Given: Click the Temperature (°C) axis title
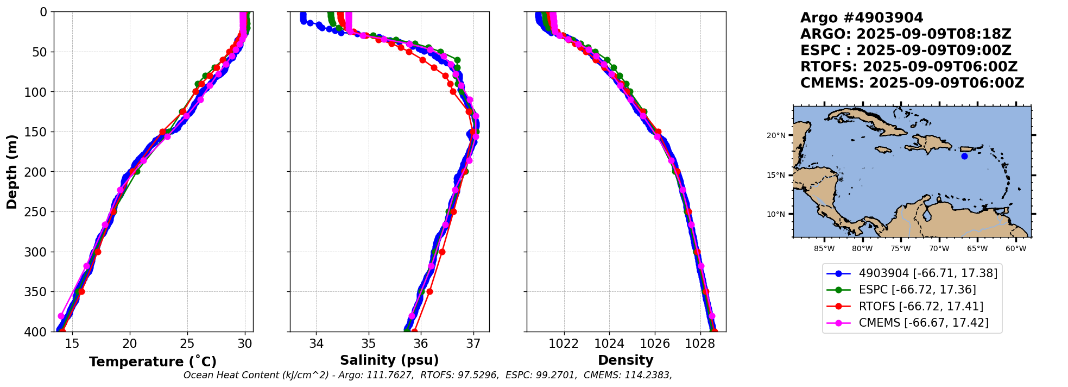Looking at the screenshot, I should [x=153, y=362].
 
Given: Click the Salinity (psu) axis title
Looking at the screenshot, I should [x=389, y=360].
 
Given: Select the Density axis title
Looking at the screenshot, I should [x=625, y=360].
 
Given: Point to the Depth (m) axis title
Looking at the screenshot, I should [x=11, y=171].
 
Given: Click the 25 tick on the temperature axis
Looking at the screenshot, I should [x=187, y=344].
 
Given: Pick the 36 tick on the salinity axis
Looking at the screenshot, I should [x=421, y=344].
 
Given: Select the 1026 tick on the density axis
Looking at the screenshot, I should [x=655, y=344].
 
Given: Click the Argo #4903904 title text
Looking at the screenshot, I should [x=861, y=18].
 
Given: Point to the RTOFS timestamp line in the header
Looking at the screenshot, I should [x=908, y=67].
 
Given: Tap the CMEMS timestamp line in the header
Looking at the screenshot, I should [x=912, y=83].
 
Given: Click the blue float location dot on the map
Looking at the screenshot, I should [x=964, y=156].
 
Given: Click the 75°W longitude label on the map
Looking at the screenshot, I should [x=900, y=249].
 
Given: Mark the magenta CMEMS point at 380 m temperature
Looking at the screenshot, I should [x=61, y=316].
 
